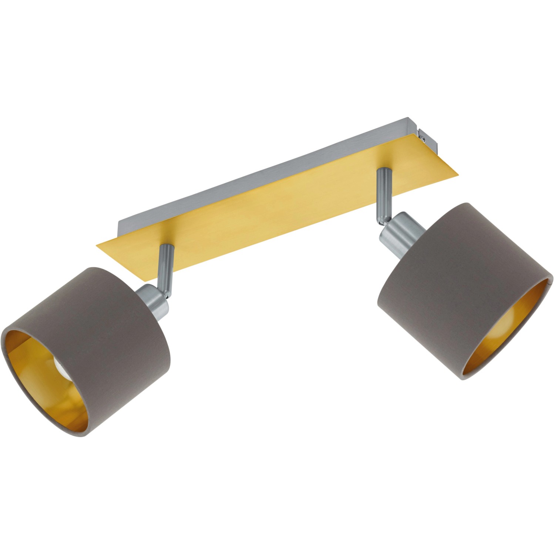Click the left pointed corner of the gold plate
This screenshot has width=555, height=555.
click(x=97, y=244)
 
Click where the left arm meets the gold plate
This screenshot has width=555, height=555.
click(x=165, y=247)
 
